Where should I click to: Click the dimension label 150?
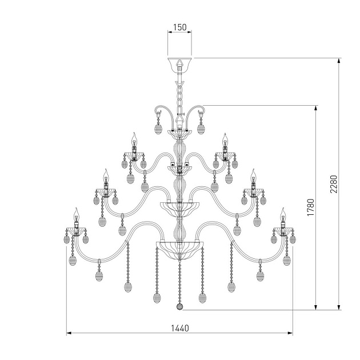point(179,27)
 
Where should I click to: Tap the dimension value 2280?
point(334,184)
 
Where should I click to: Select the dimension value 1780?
point(311,207)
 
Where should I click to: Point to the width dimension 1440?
point(180,328)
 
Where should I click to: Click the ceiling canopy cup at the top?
point(179,63)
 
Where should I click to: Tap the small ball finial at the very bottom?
point(180,306)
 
